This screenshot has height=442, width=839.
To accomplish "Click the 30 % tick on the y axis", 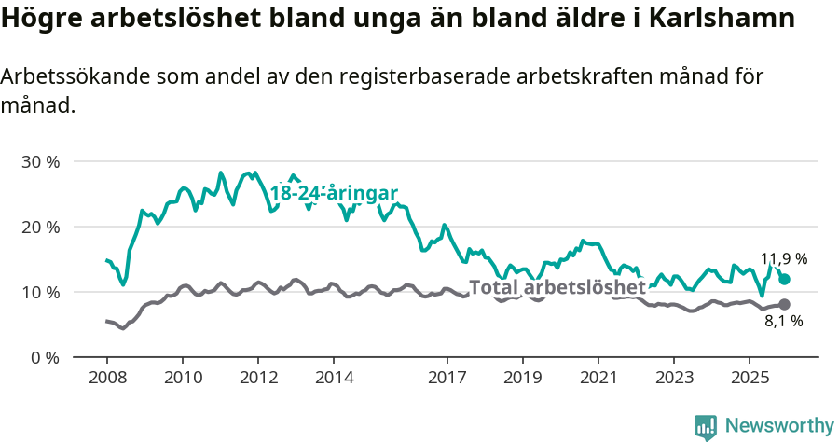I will (40, 161).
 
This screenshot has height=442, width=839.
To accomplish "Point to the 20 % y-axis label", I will (40, 227).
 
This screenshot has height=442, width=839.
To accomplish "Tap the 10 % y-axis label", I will (40, 292).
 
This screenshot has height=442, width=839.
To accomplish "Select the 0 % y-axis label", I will (45, 357).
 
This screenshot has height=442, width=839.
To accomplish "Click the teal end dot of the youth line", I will (784, 279).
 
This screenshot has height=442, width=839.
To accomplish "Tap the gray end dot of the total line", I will (784, 304).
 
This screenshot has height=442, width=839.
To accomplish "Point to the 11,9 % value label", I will (784, 258).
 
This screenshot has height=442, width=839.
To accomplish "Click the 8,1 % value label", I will (784, 322).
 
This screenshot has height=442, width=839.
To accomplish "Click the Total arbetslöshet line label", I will (557, 287).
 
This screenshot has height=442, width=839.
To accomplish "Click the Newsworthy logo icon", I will (706, 426).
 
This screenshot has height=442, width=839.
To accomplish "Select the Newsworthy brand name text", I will (779, 426).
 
